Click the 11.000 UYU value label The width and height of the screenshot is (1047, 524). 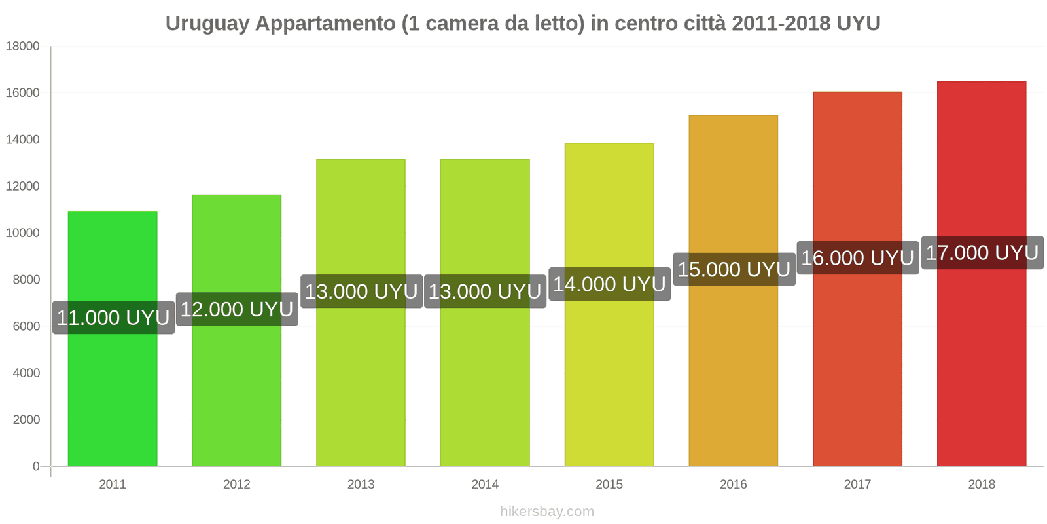113,318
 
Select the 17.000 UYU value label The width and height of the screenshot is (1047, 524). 982,253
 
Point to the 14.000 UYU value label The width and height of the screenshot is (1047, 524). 609,284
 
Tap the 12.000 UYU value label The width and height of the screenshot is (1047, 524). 237,309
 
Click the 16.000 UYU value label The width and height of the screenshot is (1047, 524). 857,257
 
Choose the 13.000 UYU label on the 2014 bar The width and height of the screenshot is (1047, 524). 485,291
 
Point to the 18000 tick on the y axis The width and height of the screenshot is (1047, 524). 23,47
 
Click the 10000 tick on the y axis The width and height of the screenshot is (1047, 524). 23,233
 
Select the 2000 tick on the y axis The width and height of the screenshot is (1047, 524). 26,420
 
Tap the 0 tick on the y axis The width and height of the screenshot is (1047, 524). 36,466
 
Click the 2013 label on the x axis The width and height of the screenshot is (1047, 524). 361,485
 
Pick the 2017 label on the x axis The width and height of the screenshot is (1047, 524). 857,485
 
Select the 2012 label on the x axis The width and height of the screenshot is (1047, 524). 237,485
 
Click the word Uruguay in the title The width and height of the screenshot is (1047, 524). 207,24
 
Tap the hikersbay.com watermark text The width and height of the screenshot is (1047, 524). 547,512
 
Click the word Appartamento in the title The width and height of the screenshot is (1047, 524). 325,24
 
